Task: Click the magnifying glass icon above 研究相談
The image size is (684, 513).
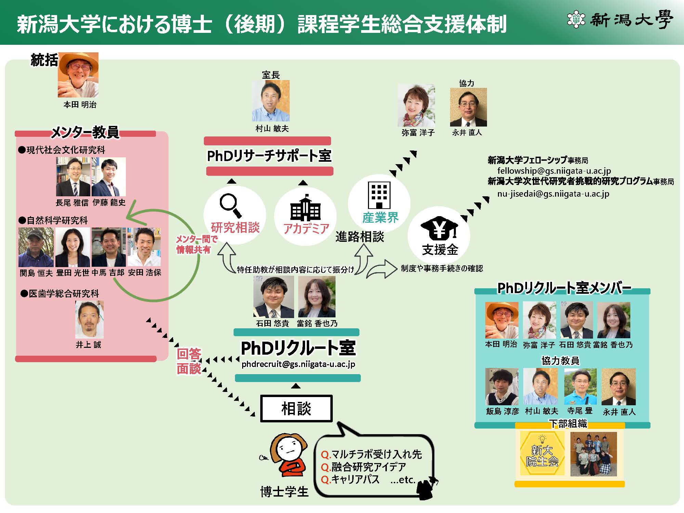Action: click(230, 205)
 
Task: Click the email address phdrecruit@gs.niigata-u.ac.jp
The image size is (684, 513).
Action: click(298, 364)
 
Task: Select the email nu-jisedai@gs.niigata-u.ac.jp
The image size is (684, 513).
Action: click(553, 194)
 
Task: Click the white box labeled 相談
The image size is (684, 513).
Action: click(296, 408)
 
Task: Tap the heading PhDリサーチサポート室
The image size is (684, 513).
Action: click(269, 156)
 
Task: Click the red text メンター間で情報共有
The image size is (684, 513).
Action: click(196, 244)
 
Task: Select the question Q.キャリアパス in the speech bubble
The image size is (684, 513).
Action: click(350, 479)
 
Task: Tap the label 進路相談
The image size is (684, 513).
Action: click(360, 237)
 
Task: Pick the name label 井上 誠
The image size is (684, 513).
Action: click(89, 344)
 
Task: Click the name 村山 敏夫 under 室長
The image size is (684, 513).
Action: click(272, 129)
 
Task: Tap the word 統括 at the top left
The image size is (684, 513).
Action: click(44, 60)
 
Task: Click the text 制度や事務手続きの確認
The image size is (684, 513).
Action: click(442, 268)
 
